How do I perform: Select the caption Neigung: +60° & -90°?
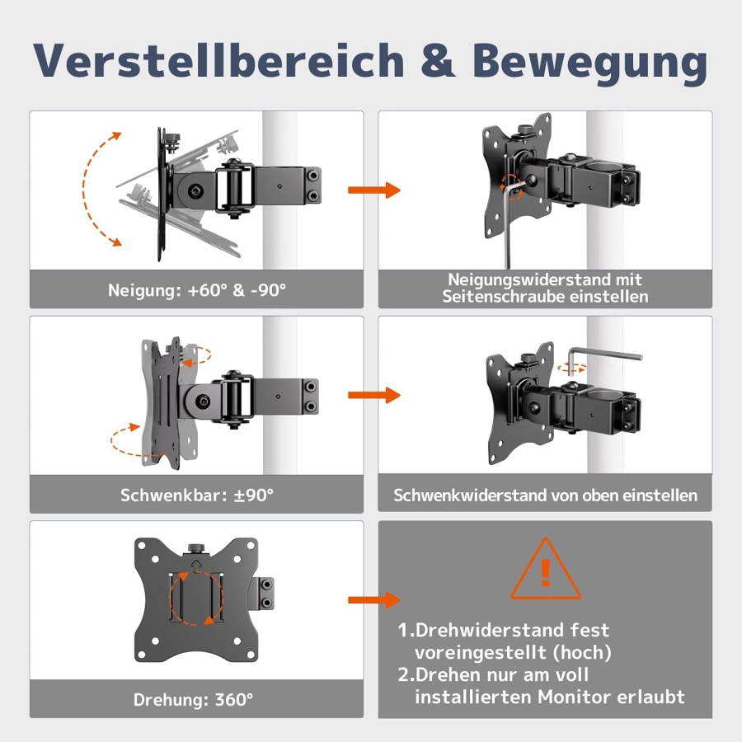coord(196,290)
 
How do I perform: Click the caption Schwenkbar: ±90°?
coord(196,495)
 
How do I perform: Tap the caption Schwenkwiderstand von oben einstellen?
coord(545,495)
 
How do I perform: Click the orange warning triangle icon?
coord(545,570)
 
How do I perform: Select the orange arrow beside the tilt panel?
coord(373,190)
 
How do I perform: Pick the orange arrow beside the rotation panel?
coord(373,600)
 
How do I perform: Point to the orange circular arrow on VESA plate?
coord(196,596)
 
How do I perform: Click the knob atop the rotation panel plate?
coord(196,548)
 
